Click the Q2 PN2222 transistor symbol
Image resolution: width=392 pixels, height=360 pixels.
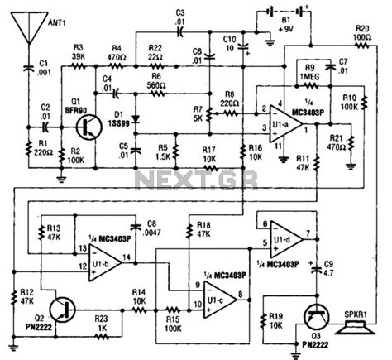62,309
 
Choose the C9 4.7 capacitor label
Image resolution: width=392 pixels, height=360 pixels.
329,269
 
